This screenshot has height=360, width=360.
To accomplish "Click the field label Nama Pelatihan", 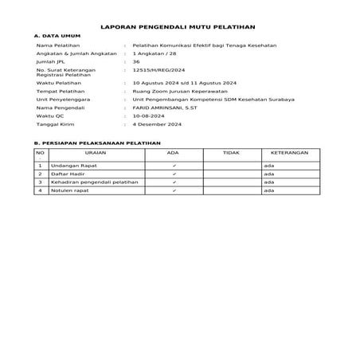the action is (56, 46).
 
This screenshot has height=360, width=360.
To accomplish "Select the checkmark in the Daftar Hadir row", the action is (174, 174).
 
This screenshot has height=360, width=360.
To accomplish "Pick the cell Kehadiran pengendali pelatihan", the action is (94, 182).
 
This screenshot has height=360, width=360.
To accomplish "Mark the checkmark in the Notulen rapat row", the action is (174, 191).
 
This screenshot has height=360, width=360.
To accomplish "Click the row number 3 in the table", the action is (40, 182).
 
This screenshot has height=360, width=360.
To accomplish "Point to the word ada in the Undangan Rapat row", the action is (268, 165).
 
